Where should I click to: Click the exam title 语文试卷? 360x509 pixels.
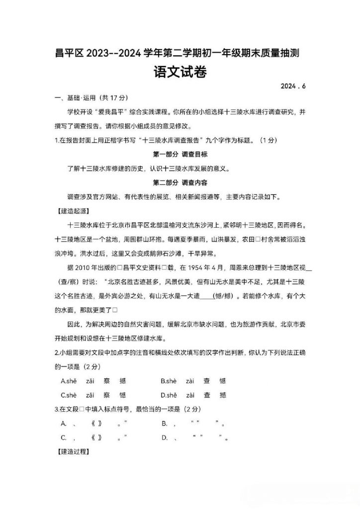pos(180,73)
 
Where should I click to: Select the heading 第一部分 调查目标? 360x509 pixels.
pos(180,154)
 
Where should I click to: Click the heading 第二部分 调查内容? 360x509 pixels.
pos(180,182)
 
